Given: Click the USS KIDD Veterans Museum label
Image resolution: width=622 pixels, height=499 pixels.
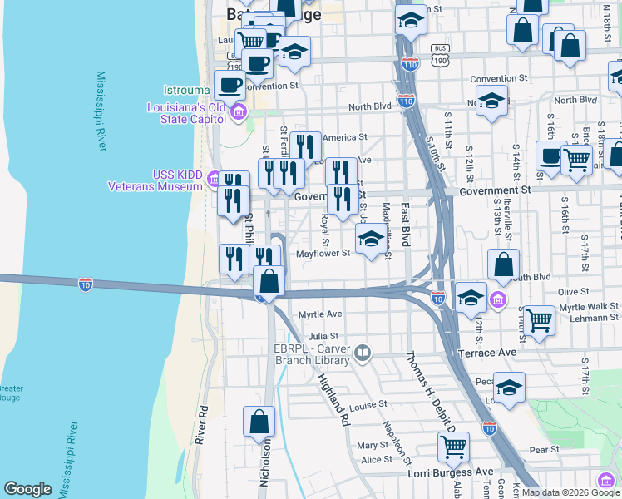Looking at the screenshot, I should [155, 180].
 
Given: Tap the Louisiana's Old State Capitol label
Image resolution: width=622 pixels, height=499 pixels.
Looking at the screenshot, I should [186, 112].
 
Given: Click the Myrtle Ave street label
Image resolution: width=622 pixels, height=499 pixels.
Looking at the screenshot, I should [320, 314].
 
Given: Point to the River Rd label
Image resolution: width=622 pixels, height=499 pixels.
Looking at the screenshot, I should [201, 424].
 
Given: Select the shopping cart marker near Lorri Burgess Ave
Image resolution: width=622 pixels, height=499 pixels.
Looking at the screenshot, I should [453, 447].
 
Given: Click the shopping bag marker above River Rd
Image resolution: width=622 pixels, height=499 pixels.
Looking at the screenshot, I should [259, 421].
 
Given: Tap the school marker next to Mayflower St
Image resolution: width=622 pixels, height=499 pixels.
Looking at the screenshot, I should [372, 241].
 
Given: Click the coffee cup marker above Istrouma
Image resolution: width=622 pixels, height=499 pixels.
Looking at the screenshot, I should [230, 84].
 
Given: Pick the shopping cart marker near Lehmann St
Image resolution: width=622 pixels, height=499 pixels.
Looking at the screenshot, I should [540, 319].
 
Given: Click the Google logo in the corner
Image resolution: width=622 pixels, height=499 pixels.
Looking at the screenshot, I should [27, 489].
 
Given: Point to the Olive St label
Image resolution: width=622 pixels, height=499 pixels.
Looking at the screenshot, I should [573, 292].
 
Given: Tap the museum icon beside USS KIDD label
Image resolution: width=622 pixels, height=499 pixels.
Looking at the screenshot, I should [215, 179].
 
